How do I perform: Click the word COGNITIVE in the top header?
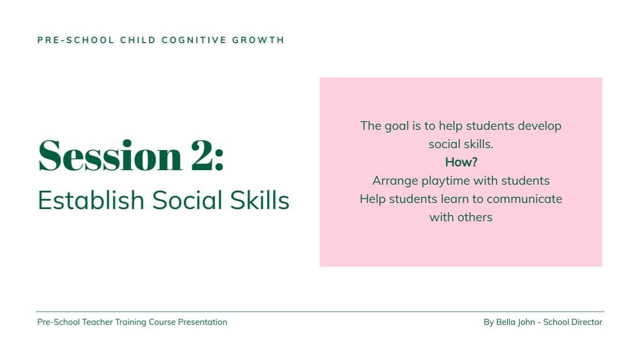(x=194, y=40)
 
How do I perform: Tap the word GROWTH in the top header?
(x=258, y=40)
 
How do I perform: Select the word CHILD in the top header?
(x=138, y=40)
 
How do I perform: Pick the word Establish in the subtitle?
(x=91, y=200)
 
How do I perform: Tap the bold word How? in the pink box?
(x=461, y=162)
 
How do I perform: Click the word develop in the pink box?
(x=539, y=126)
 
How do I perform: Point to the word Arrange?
(x=395, y=181)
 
